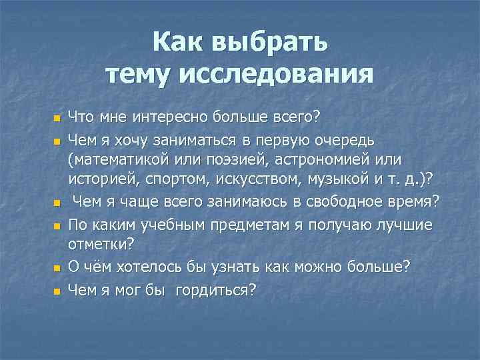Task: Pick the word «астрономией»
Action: (341, 161)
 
